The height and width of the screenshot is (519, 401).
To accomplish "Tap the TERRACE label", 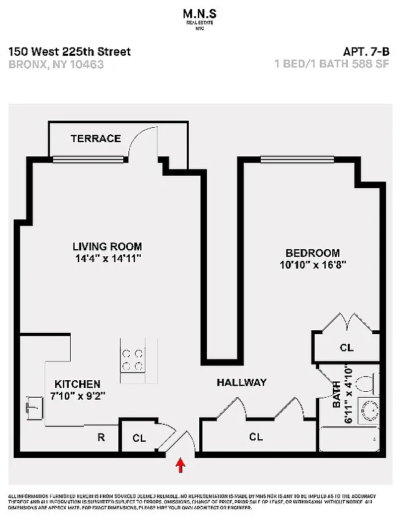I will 95,138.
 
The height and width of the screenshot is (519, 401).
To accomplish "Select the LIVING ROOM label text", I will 107,247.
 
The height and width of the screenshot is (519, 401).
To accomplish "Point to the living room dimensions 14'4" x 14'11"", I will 107,258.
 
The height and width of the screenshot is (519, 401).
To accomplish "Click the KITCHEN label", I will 77,383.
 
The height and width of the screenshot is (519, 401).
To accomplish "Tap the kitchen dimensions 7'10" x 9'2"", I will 79,395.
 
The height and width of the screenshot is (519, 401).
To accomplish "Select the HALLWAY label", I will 241,383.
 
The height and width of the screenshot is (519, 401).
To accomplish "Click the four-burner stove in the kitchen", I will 133,360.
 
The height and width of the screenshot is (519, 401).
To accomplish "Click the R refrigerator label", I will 101,437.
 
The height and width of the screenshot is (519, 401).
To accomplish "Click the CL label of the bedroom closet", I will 346,348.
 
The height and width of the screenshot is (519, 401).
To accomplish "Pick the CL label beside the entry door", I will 139,438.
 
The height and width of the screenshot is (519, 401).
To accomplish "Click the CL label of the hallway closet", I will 256,437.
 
